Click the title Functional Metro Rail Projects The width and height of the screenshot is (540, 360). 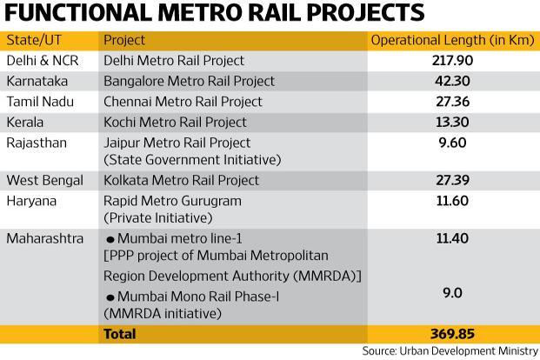214,13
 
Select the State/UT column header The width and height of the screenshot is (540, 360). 34,40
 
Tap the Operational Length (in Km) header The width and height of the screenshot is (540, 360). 452,40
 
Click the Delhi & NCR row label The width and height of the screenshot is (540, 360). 43,61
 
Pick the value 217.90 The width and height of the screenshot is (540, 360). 452,61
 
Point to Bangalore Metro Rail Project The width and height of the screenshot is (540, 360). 189,81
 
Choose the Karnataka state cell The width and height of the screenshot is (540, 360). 37,81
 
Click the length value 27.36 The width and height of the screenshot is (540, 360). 452,102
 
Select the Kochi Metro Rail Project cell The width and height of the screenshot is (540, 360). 175,123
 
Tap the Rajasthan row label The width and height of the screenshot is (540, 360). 37,143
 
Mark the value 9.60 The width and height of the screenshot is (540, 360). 452,143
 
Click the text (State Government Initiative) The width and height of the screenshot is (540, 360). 192,160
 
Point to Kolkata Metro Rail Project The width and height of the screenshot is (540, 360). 181,180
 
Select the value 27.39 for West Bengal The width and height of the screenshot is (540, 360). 452,180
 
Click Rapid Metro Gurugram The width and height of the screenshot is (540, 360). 172,201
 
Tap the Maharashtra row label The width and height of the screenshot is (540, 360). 44,238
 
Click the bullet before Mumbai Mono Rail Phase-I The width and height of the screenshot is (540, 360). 110,297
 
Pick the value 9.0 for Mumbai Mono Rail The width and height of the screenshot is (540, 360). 452,293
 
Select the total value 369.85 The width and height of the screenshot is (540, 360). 452,334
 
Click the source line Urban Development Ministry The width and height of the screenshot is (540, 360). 450,351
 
